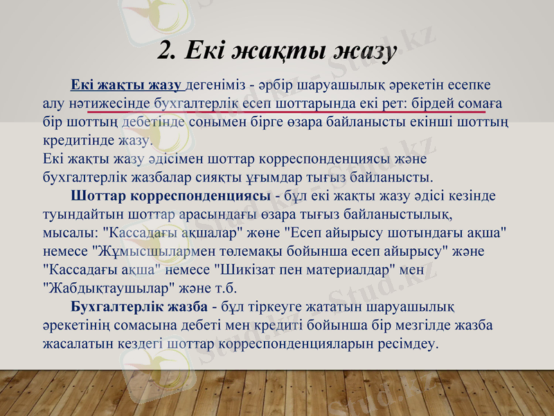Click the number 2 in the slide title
(x=166, y=50)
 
